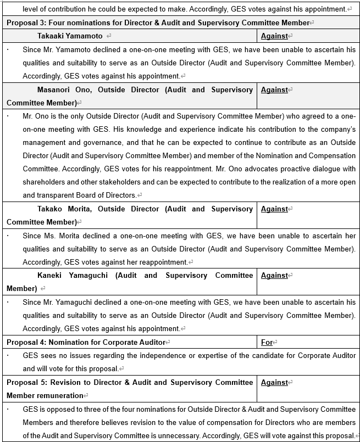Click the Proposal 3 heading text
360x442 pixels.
[x=157, y=23]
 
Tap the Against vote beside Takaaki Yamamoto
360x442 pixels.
[x=274, y=36]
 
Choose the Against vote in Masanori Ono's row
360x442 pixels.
[x=274, y=89]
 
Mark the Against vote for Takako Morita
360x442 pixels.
[x=274, y=209]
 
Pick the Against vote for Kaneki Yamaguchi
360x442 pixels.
[x=274, y=275]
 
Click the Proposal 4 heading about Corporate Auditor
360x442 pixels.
[x=86, y=342]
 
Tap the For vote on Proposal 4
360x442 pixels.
[x=267, y=342]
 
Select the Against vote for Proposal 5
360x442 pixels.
[x=274, y=382]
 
